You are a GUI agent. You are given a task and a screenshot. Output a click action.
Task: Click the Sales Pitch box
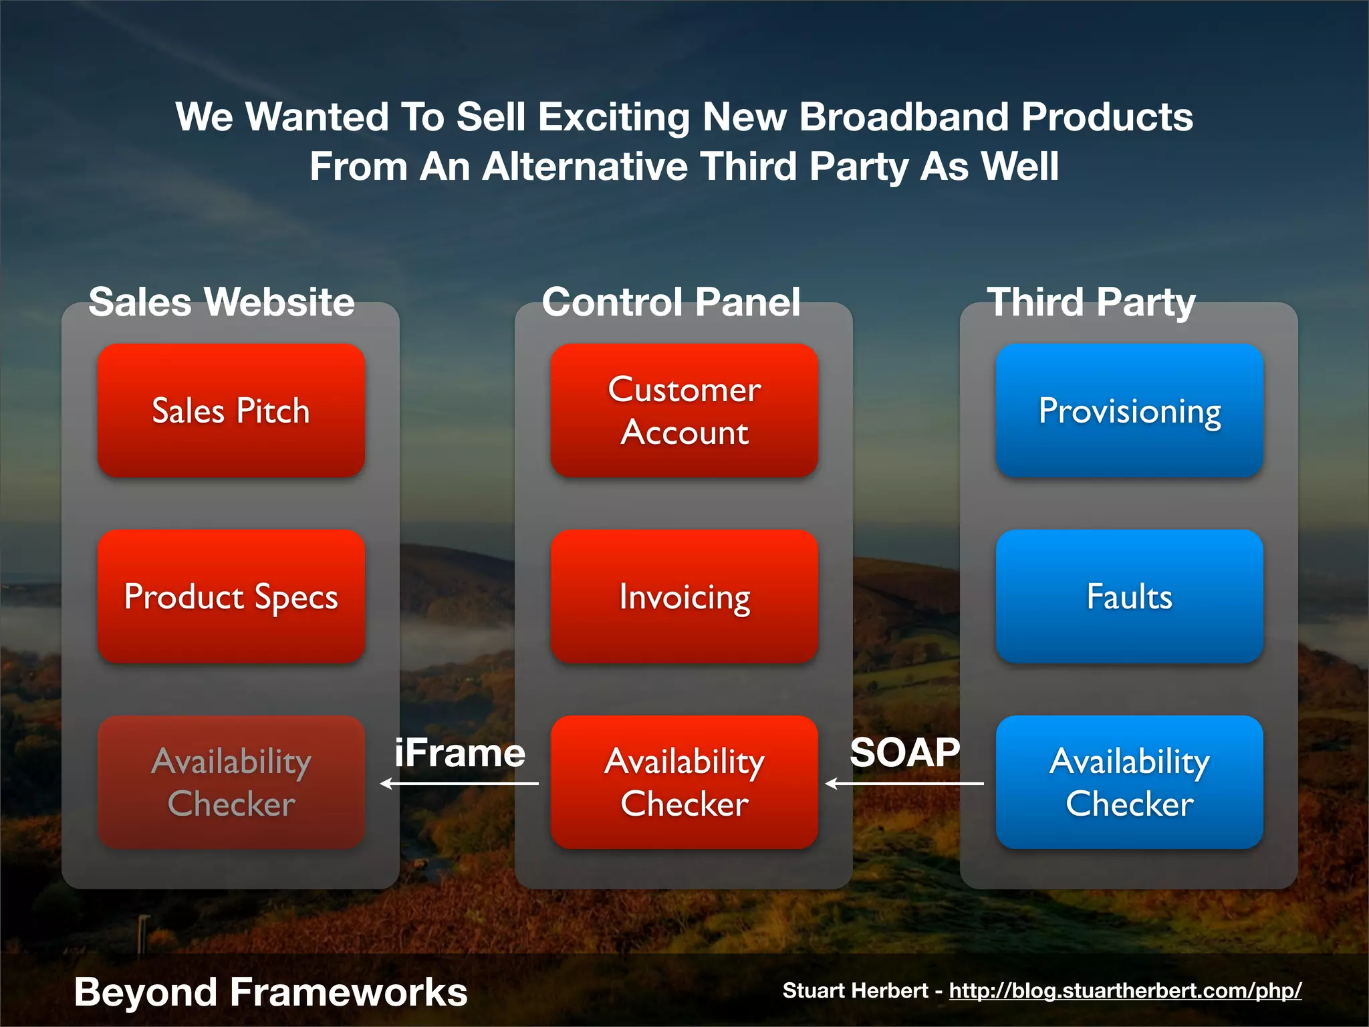click(x=231, y=411)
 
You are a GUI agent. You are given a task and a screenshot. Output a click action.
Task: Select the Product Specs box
click(x=231, y=596)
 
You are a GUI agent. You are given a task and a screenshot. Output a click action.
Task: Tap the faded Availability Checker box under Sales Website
click(x=231, y=782)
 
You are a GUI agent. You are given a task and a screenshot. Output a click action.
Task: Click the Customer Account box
click(x=684, y=411)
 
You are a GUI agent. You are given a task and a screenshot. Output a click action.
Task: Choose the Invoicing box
click(x=684, y=596)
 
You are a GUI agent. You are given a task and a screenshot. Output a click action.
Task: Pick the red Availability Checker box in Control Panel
click(x=684, y=782)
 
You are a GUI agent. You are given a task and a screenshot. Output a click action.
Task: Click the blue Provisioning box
click(x=1129, y=411)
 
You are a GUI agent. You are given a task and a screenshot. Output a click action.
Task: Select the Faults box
click(x=1129, y=596)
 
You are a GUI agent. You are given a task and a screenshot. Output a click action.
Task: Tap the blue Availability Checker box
click(x=1129, y=782)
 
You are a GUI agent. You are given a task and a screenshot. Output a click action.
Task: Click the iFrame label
click(x=460, y=754)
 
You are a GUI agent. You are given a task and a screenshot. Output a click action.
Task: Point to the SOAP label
click(x=904, y=753)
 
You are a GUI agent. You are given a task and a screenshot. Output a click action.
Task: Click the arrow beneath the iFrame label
click(x=459, y=784)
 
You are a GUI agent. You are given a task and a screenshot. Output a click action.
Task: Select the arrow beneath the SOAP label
click(x=904, y=784)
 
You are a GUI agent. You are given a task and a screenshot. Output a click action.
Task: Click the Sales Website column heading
click(x=221, y=302)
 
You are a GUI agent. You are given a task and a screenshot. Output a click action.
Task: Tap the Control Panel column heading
click(x=671, y=302)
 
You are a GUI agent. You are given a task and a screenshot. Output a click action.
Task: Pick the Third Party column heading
click(x=1091, y=302)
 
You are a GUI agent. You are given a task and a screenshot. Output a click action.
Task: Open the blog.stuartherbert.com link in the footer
click(x=1125, y=991)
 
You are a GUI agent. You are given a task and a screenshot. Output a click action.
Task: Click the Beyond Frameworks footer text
click(x=270, y=992)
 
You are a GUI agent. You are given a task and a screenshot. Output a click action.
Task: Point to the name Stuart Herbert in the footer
click(x=855, y=991)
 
